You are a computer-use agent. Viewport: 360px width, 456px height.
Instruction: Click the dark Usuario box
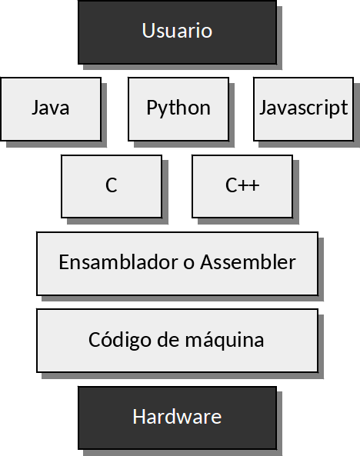177,32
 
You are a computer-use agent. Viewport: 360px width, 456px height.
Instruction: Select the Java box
51,109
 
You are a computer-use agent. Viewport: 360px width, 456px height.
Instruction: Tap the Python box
178,109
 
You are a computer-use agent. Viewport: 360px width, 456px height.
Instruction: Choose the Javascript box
304,109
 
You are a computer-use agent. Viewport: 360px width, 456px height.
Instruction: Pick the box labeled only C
112,186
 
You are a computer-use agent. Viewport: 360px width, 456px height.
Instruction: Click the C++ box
242,186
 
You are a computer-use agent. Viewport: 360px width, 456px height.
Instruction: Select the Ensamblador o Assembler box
177,264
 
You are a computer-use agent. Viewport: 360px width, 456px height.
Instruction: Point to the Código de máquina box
177,341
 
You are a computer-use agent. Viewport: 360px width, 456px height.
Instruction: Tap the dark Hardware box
177,418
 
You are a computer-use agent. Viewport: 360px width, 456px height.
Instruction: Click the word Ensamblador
118,262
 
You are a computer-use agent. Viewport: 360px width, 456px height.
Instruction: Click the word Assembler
248,262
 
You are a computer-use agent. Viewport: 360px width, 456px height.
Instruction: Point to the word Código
119,340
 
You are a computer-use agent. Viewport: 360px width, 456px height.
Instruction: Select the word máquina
225,340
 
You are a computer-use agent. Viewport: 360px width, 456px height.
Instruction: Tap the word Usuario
177,30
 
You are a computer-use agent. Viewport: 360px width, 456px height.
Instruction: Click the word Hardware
177,417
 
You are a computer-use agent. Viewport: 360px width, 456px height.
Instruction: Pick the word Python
178,108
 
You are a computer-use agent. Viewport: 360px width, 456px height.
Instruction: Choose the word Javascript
304,108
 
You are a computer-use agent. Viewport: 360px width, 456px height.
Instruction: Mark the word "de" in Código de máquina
168,339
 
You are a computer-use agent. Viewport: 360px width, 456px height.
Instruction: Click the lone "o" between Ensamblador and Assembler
189,264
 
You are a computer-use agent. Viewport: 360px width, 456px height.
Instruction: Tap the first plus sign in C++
244,185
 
